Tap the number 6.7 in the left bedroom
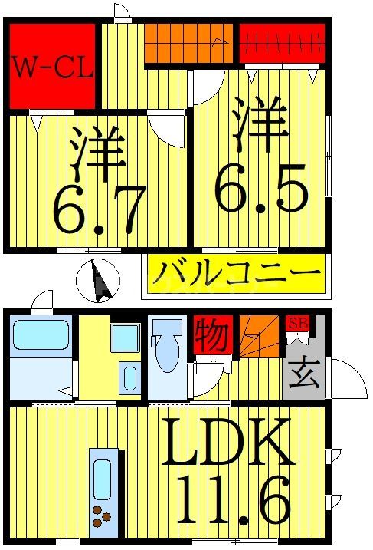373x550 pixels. (x=100, y=209)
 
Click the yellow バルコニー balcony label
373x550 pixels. (x=235, y=273)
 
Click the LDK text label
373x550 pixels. (x=229, y=443)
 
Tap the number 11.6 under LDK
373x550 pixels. (x=234, y=498)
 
